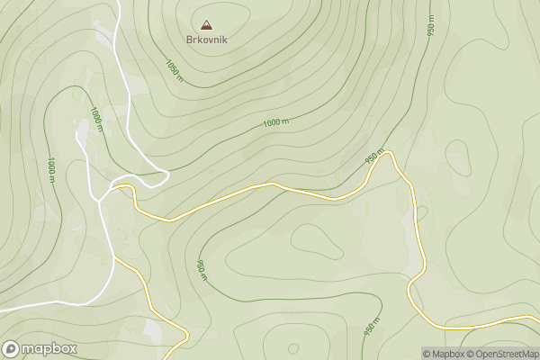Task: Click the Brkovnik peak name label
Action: (208, 41)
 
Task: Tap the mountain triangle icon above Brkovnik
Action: (208, 25)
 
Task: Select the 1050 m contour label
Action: (175, 69)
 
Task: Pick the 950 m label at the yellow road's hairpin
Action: (375, 157)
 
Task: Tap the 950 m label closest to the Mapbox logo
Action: (200, 269)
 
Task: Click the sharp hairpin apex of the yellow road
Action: (388, 153)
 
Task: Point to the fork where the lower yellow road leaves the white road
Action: (114, 259)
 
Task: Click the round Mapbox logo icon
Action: (11, 349)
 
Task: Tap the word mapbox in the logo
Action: (49, 349)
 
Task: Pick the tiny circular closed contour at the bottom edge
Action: (292, 347)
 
